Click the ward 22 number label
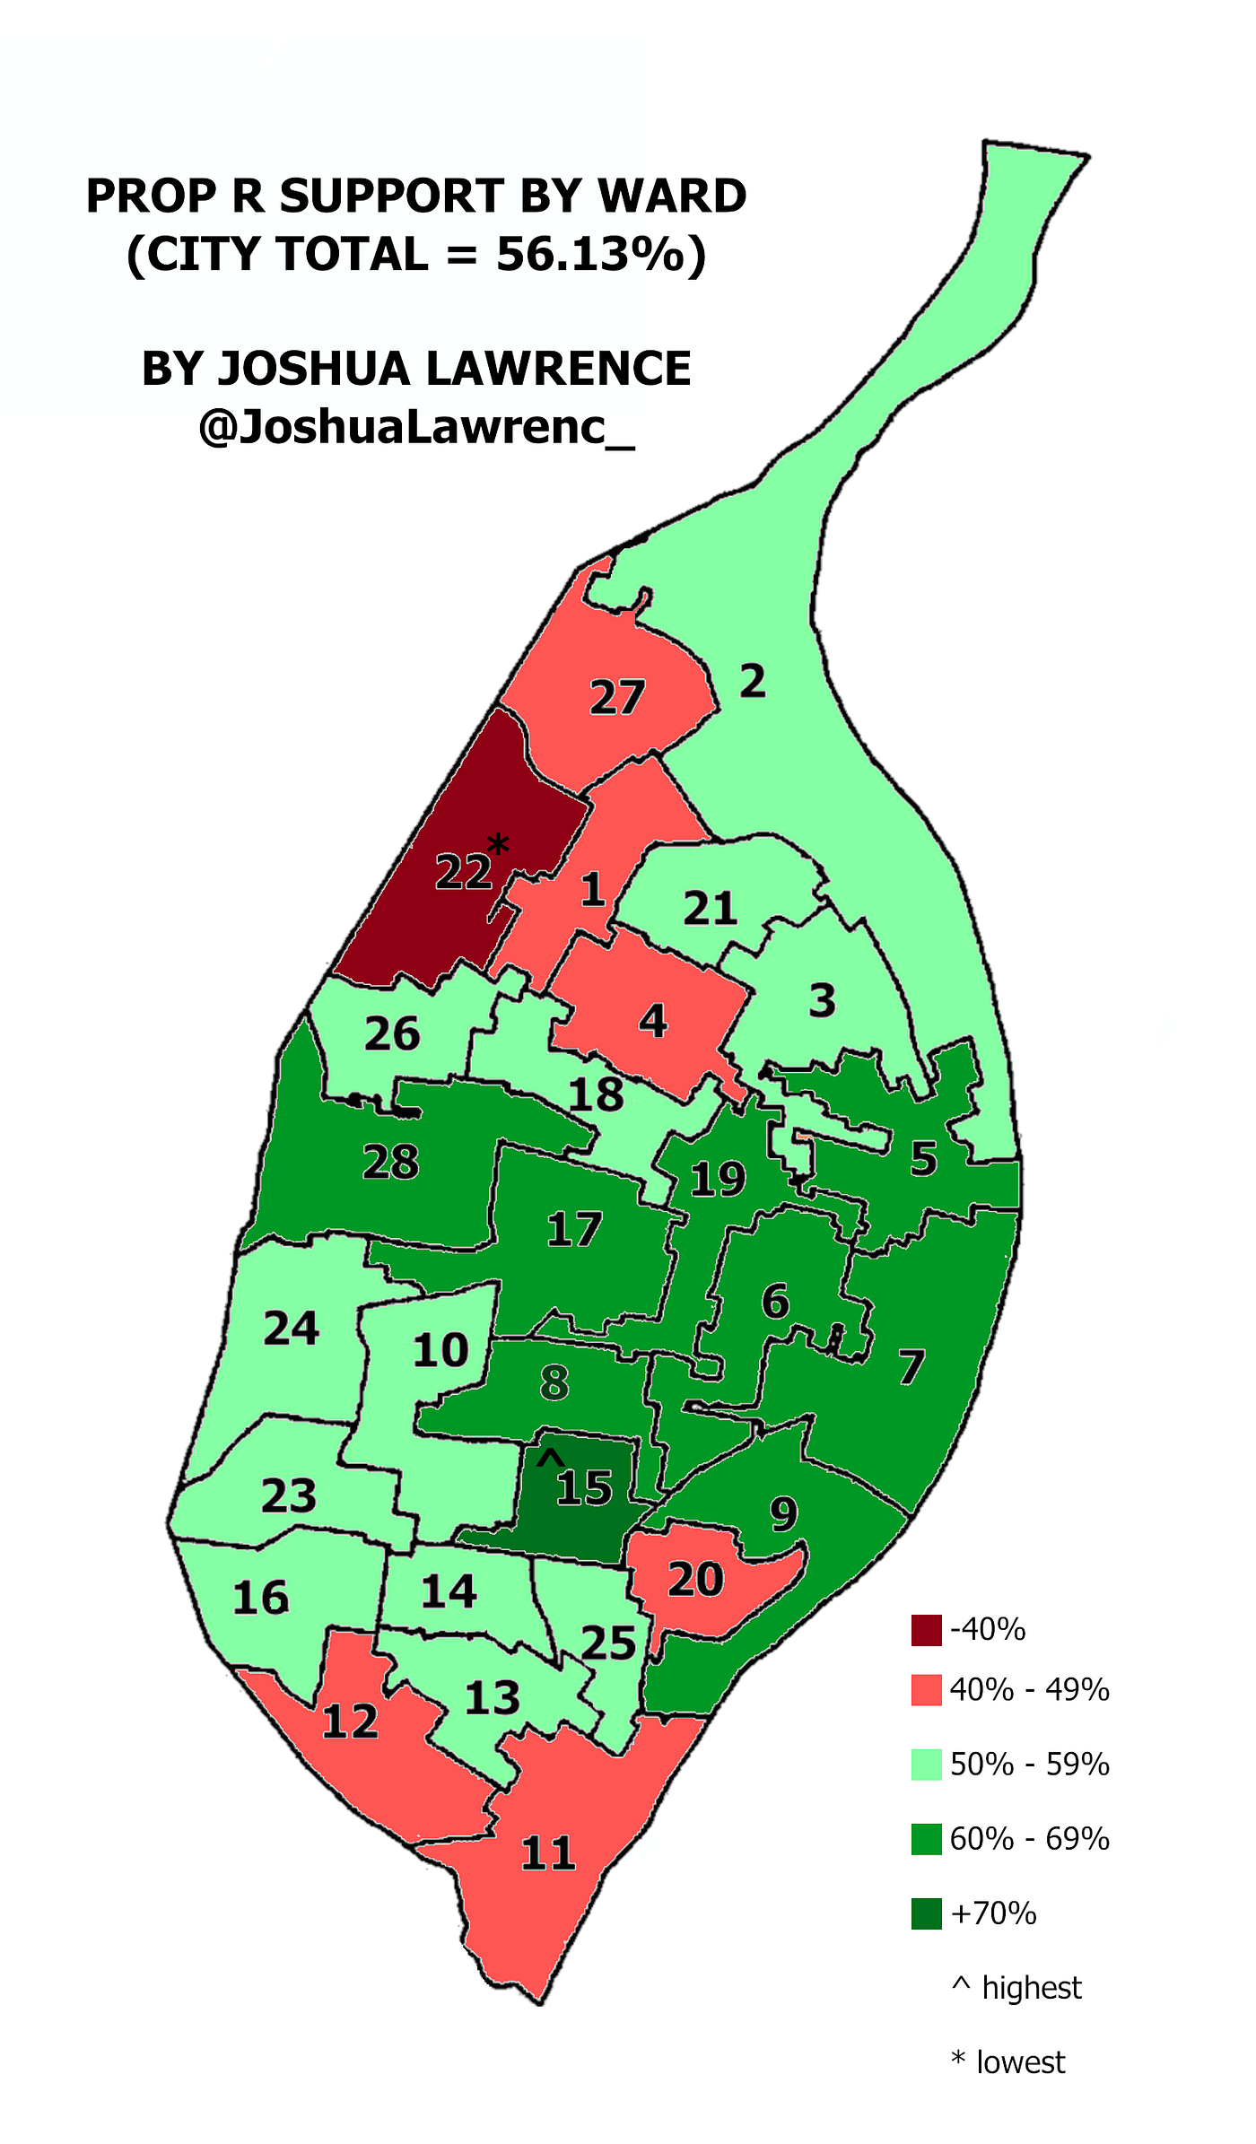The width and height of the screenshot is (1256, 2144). click(463, 872)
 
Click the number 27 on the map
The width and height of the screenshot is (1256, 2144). click(617, 698)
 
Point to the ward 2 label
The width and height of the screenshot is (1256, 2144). click(753, 682)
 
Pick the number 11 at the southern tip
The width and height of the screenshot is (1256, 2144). click(548, 1852)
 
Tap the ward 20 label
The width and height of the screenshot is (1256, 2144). click(695, 1580)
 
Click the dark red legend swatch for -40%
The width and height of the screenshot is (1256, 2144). click(926, 1630)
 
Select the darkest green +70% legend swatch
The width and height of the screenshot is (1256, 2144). click(926, 1913)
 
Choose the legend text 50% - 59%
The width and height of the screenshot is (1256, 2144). click(1029, 1765)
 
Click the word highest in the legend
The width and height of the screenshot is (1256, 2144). click(1032, 1988)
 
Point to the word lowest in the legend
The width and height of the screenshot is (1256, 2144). click(1020, 2062)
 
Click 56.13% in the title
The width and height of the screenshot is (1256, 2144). click(589, 255)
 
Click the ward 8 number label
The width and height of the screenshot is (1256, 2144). click(554, 1382)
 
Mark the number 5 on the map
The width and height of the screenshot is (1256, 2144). click(923, 1159)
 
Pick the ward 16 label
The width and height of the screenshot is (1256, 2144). click(260, 1598)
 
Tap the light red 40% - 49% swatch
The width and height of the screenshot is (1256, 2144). click(926, 1689)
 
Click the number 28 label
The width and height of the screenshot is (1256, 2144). click(391, 1163)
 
